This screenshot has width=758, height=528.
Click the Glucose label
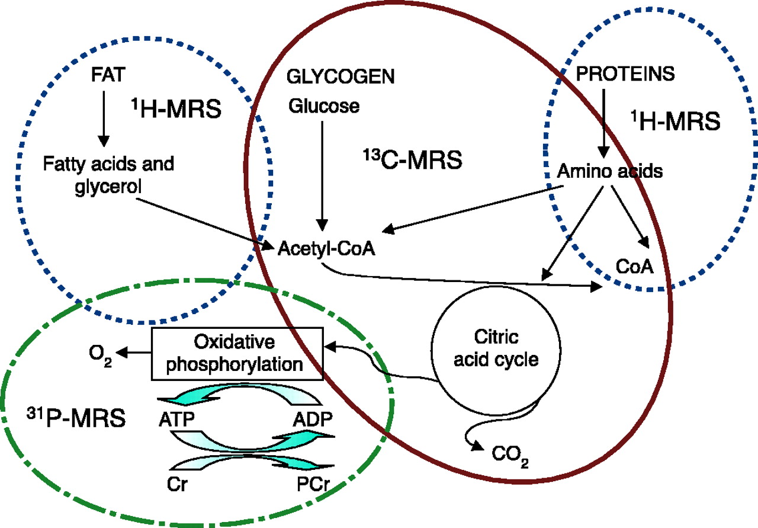(x=324, y=106)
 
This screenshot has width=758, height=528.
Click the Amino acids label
(x=610, y=171)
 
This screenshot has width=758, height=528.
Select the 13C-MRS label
(x=412, y=160)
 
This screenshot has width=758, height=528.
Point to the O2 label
(x=100, y=354)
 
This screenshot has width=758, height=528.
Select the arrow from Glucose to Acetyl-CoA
(x=322, y=172)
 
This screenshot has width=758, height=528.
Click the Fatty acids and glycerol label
(x=109, y=174)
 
